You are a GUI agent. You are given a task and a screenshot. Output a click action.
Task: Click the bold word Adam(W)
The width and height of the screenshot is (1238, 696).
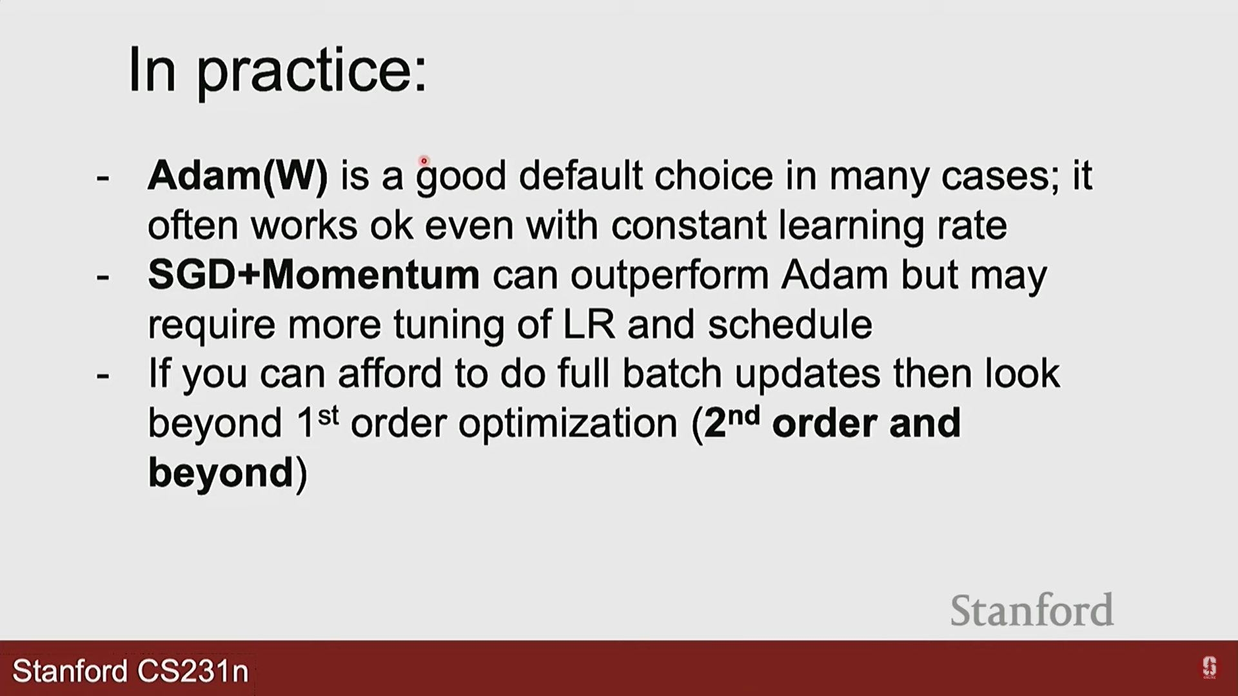pyautogui.click(x=238, y=175)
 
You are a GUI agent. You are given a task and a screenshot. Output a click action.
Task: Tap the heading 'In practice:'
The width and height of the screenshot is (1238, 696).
pyautogui.click(x=278, y=71)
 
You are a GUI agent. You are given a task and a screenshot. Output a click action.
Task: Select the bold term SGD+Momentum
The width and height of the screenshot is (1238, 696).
pyautogui.click(x=314, y=275)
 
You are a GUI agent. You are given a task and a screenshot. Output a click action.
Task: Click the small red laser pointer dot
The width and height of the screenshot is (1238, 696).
pyautogui.click(x=424, y=160)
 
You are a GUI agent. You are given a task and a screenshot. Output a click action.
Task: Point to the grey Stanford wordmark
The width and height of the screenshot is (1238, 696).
pyautogui.click(x=1032, y=610)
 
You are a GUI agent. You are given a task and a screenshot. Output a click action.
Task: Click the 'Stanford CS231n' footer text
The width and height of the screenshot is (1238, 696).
pyautogui.click(x=130, y=671)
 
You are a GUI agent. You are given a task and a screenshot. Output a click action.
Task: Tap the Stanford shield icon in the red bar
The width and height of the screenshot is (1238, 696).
pyautogui.click(x=1209, y=668)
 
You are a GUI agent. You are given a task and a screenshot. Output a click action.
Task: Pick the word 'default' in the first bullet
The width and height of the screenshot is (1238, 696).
pyautogui.click(x=580, y=175)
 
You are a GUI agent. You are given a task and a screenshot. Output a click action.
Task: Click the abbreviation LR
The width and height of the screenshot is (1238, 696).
pyautogui.click(x=589, y=324)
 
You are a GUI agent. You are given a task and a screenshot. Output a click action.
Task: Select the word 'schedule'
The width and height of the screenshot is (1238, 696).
pyautogui.click(x=790, y=324)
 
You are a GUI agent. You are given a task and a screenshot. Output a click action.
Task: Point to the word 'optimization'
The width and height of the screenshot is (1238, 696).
pyautogui.click(x=568, y=423)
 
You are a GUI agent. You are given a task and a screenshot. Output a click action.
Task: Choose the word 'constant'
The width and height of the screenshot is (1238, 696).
pyautogui.click(x=689, y=226)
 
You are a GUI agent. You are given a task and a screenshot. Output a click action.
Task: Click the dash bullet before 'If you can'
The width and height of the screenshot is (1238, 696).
pyautogui.click(x=103, y=375)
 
